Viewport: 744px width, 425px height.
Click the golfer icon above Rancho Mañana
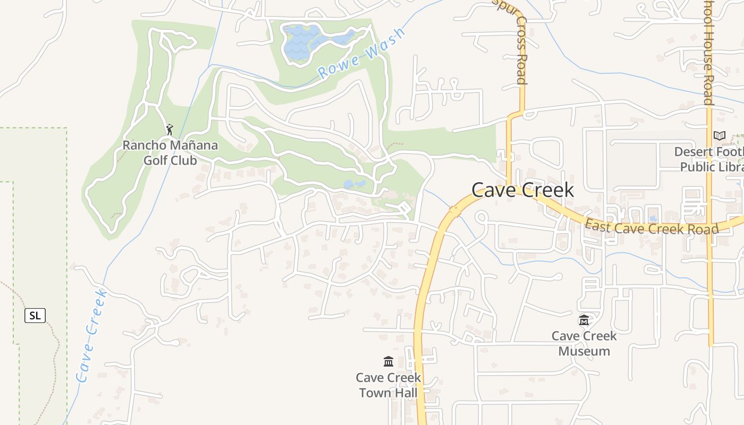pos(170,129)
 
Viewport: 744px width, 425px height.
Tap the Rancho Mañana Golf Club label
pos(170,152)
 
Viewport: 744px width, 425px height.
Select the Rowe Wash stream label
pos(361,54)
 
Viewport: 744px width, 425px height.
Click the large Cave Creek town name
pos(522,190)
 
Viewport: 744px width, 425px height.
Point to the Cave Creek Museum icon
pos(584,320)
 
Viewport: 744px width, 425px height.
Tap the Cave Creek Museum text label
pos(584,343)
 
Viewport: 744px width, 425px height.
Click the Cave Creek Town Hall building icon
pos(388,362)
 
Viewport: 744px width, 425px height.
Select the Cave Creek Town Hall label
pos(388,385)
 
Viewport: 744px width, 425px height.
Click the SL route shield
pos(35,316)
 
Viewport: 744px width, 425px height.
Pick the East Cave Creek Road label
pos(652,228)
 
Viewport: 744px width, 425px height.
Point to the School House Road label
pos(708,53)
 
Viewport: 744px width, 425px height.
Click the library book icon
pos(720,135)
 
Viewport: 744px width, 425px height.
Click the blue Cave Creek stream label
pos(91,336)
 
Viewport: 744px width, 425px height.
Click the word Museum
pos(584,351)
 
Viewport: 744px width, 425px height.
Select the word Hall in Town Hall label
pos(403,393)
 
